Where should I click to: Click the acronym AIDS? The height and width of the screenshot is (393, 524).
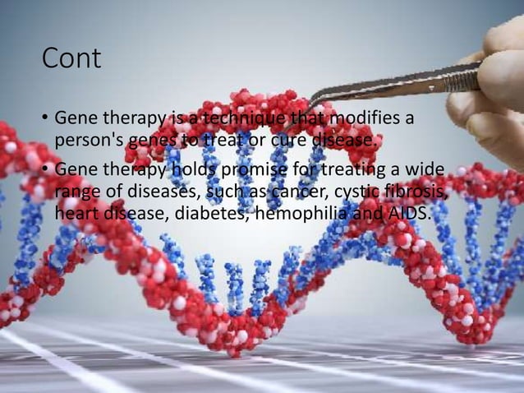[407, 213]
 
